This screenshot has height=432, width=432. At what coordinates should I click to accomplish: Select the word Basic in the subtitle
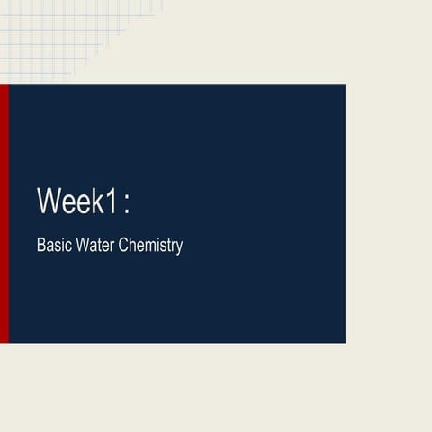[x=52, y=245]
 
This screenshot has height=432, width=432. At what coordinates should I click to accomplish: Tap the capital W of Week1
[x=49, y=200]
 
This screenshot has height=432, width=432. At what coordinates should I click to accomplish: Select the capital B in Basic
[x=40, y=245]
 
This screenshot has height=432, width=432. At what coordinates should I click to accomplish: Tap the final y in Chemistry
[x=179, y=247]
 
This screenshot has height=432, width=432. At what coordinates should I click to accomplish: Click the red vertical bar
[x=4, y=213]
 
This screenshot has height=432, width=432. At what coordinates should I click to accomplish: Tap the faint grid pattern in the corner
[x=54, y=36]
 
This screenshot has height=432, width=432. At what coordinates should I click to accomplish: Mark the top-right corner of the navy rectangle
[x=345, y=85]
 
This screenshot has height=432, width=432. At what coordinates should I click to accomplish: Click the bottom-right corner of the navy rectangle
[x=345, y=342]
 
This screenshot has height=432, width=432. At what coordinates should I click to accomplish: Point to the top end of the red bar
[x=4, y=86]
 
